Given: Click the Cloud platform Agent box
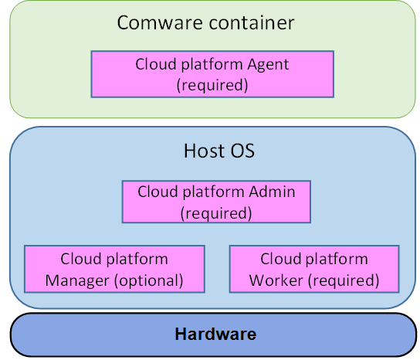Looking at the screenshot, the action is pyautogui.click(x=212, y=74).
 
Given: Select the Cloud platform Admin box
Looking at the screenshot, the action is pyautogui.click(x=216, y=202).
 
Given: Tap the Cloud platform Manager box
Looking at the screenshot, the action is pyautogui.click(x=114, y=269).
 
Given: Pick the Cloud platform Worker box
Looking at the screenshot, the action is pyautogui.click(x=314, y=269).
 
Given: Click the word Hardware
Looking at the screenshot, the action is pyautogui.click(x=215, y=335).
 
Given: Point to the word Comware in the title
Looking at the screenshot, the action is pyautogui.click(x=160, y=22).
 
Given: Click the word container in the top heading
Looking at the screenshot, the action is pyautogui.click(x=252, y=22).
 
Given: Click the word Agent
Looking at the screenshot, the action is pyautogui.click(x=268, y=65).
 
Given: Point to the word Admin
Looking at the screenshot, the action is pyautogui.click(x=272, y=192).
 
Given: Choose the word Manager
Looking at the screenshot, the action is pyautogui.click(x=77, y=280).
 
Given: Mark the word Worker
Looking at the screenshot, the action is pyautogui.click(x=276, y=280).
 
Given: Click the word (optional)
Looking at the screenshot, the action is pyautogui.click(x=149, y=281).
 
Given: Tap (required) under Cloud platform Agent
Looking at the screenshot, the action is pyautogui.click(x=212, y=86).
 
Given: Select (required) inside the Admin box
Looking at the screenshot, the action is pyautogui.click(x=216, y=213).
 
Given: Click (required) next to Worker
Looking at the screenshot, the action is pyautogui.click(x=344, y=281).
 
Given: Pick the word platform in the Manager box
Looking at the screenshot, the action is pyautogui.click(x=137, y=260).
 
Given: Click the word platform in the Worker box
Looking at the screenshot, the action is pyautogui.click(x=337, y=260).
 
